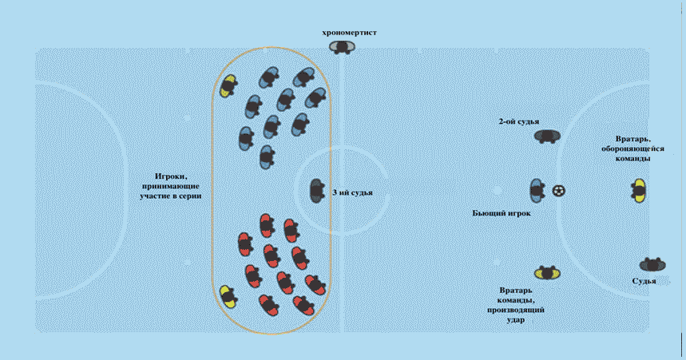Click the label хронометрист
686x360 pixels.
coord(349,33)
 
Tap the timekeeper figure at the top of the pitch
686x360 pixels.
coord(343,48)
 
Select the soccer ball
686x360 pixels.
coord(559,191)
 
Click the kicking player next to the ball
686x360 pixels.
coord(537,191)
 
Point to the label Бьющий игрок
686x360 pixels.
coord(502,214)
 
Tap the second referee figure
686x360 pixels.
coord(548,136)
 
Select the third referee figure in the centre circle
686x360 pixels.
coord(317,191)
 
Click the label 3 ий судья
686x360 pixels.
coord(351,192)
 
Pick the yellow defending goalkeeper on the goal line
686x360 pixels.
coord(638,190)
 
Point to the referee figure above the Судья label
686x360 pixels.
coord(652,264)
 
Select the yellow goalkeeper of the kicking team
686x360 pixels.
coord(548,273)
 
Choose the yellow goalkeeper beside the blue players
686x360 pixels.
coord(229,84)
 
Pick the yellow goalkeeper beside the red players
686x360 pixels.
coord(228,295)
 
